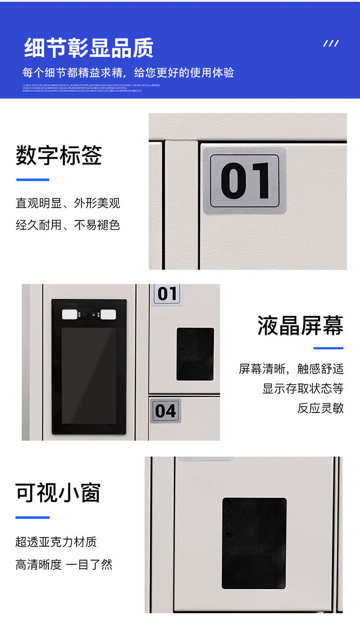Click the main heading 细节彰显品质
pyautogui.click(x=88, y=48)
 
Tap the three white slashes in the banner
pyautogui.click(x=331, y=43)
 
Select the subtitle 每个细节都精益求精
pyautogui.click(x=128, y=72)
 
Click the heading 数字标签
pyautogui.click(x=59, y=156)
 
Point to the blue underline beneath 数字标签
pyautogui.click(x=32, y=180)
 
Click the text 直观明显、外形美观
pyautogui.click(x=68, y=203)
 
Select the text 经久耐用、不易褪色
pyautogui.click(x=68, y=225)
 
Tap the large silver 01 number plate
pyautogui.click(x=245, y=180)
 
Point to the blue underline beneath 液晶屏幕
pyautogui.click(x=328, y=348)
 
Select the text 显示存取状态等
pyautogui.click(x=303, y=389)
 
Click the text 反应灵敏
pyautogui.click(x=320, y=408)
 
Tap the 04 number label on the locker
pyautogui.click(x=165, y=410)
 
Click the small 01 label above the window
pyautogui.click(x=167, y=294)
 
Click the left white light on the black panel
pyautogui.click(x=70, y=314)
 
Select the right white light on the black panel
pyautogui.click(x=108, y=314)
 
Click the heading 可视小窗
pyautogui.click(x=58, y=493)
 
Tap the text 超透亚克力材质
pyautogui.click(x=56, y=542)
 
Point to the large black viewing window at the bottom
pyautogui.click(x=254, y=543)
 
